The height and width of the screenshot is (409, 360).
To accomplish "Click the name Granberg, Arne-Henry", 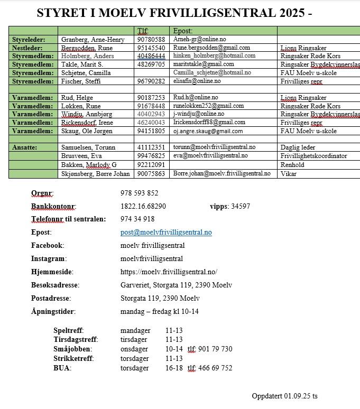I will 93,40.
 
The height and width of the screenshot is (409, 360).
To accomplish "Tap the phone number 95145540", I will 151,48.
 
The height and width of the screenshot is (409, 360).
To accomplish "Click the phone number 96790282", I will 151,81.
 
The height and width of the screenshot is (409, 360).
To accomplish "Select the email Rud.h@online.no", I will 195,98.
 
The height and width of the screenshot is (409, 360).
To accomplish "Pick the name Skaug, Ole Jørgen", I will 88,131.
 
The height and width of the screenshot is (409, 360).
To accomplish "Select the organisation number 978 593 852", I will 139,193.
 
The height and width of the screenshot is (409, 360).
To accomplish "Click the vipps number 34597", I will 241,206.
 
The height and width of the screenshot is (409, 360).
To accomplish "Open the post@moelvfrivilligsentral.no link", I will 166,233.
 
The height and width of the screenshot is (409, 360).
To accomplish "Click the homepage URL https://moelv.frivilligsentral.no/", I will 169,272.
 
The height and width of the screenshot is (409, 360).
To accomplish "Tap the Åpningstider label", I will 53,312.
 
